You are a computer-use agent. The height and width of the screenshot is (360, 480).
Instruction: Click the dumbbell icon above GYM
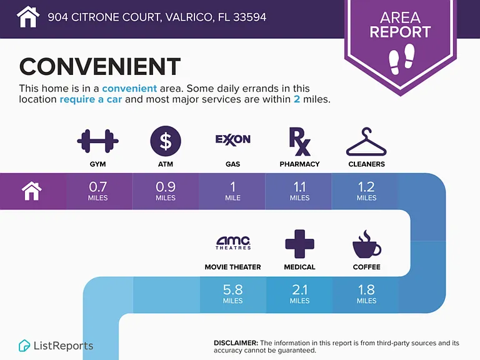pos(97,141)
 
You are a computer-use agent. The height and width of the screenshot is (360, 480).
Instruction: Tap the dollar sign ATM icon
pos(166,141)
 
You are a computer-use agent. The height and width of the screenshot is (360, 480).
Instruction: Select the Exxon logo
pos(232,140)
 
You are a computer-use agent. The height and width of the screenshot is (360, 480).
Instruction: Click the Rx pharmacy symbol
pos(300,141)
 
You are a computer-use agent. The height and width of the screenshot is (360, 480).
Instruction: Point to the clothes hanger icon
pos(366,142)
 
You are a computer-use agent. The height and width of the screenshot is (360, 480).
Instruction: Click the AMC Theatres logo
pos(233,243)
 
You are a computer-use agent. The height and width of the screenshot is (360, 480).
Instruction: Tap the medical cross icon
pos(300,244)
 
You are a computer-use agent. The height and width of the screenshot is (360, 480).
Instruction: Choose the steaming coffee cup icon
pos(366,244)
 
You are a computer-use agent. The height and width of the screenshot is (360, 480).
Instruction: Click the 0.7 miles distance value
pos(98,191)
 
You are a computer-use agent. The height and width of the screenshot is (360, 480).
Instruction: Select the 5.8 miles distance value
pos(233,294)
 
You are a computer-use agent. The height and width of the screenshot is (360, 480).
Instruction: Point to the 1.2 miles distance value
pos(366,191)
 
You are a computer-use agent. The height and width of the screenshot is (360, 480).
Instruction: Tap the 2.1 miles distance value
pos(300,294)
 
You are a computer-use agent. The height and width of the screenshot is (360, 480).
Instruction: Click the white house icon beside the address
pos(28,17)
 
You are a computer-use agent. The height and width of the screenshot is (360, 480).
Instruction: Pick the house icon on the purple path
pos(32,191)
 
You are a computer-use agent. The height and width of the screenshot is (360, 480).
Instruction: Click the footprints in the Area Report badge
pos(401,59)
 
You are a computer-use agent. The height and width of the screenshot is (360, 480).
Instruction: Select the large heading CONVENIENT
pos(100,66)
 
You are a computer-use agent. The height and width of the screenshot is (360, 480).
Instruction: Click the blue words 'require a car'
pos(91,99)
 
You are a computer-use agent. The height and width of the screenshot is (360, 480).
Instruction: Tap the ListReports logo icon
pos(24,346)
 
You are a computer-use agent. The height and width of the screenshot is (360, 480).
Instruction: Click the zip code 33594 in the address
pos(250,17)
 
